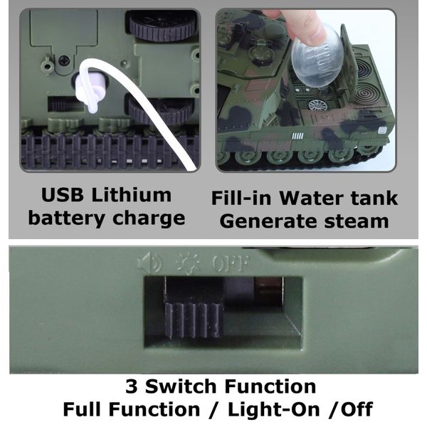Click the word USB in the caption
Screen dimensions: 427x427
click(x=63, y=195)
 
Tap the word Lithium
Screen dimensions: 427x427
click(x=131, y=195)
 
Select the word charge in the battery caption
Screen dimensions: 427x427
click(x=149, y=218)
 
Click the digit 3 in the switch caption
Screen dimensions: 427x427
click(x=132, y=386)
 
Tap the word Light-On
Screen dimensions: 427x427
click(x=273, y=409)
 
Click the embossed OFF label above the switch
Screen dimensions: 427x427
click(x=231, y=263)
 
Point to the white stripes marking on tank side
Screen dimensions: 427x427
click(x=297, y=136)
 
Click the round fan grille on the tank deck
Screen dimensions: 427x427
click(x=318, y=105)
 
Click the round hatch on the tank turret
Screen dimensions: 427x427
click(x=260, y=53)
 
